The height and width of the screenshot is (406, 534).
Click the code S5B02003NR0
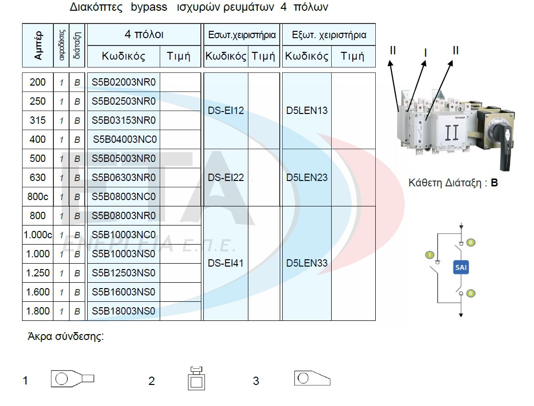pos(123,82)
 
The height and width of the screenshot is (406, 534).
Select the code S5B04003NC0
pos(124,139)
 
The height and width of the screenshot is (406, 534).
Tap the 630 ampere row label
pos(38,178)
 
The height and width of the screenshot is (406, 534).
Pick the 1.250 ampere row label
pos(38,273)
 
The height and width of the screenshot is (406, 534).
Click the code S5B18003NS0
pos(123,311)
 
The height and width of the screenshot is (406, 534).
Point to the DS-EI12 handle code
pos(226,111)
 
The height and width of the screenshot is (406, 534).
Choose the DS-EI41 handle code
pos(226,263)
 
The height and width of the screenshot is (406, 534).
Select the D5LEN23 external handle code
pos(307,178)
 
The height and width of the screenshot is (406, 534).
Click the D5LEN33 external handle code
pos(307,263)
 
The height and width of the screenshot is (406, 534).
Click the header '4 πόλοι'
pos(144,35)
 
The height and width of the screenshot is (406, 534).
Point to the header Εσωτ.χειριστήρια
pos(242,35)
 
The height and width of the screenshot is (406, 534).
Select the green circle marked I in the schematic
pos(429,255)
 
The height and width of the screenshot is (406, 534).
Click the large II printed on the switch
pos(452,134)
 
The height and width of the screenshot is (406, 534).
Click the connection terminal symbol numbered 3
pos(312,378)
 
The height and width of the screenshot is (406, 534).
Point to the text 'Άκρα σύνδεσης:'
pos(66,337)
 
